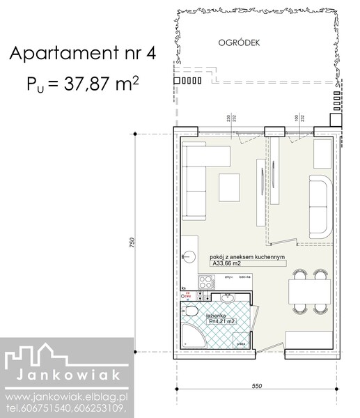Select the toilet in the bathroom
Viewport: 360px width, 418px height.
click(191, 311)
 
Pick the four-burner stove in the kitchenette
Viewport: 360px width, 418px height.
click(206, 283)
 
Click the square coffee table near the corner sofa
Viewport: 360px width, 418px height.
click(230, 186)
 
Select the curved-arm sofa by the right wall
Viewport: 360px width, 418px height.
click(321, 206)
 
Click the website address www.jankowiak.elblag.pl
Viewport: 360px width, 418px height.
click(67, 396)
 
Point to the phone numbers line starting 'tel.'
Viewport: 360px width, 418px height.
click(67, 408)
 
